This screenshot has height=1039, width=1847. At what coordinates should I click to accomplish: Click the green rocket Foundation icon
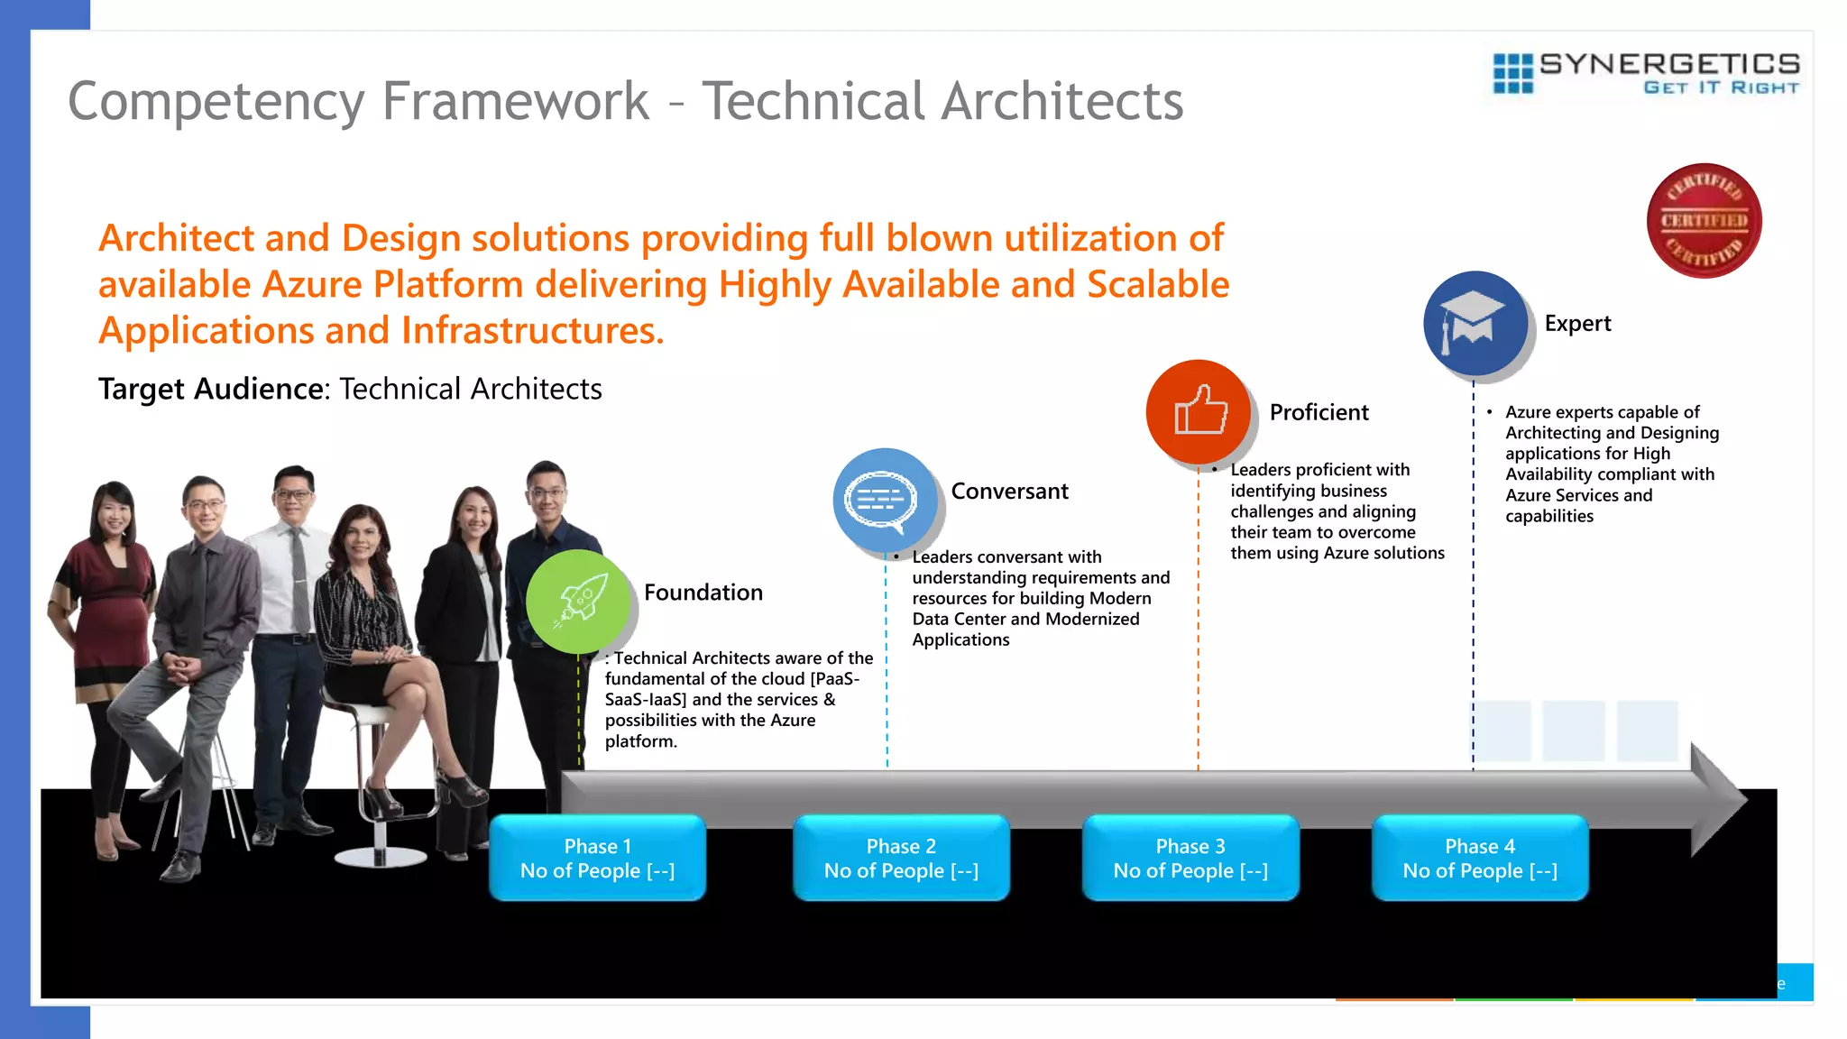coord(578,601)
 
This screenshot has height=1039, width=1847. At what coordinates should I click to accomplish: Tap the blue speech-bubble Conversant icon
coord(884,500)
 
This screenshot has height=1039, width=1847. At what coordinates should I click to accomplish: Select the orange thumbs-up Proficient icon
coord(1199,411)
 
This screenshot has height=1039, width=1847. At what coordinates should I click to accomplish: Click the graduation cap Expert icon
coord(1475,323)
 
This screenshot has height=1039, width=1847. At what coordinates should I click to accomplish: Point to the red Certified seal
coord(1704,221)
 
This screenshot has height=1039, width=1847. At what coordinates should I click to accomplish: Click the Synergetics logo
coord(1647,73)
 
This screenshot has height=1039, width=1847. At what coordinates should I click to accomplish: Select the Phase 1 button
coord(597,858)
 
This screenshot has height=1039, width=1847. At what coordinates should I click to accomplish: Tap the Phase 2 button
coord(901,858)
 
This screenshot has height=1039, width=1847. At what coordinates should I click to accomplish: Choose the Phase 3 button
coord(1190,858)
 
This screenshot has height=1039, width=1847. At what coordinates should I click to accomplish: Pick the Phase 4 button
coord(1480,858)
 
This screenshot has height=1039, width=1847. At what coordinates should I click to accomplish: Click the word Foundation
coord(703,593)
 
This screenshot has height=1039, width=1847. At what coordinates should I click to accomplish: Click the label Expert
coord(1577,324)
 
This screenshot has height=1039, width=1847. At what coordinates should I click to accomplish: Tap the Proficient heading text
coord(1319,412)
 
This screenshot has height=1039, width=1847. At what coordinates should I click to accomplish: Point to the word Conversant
coord(1009,492)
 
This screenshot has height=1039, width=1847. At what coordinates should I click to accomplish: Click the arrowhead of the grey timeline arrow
coord(1718,799)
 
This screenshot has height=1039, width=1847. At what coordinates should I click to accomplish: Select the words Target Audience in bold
coord(211,389)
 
